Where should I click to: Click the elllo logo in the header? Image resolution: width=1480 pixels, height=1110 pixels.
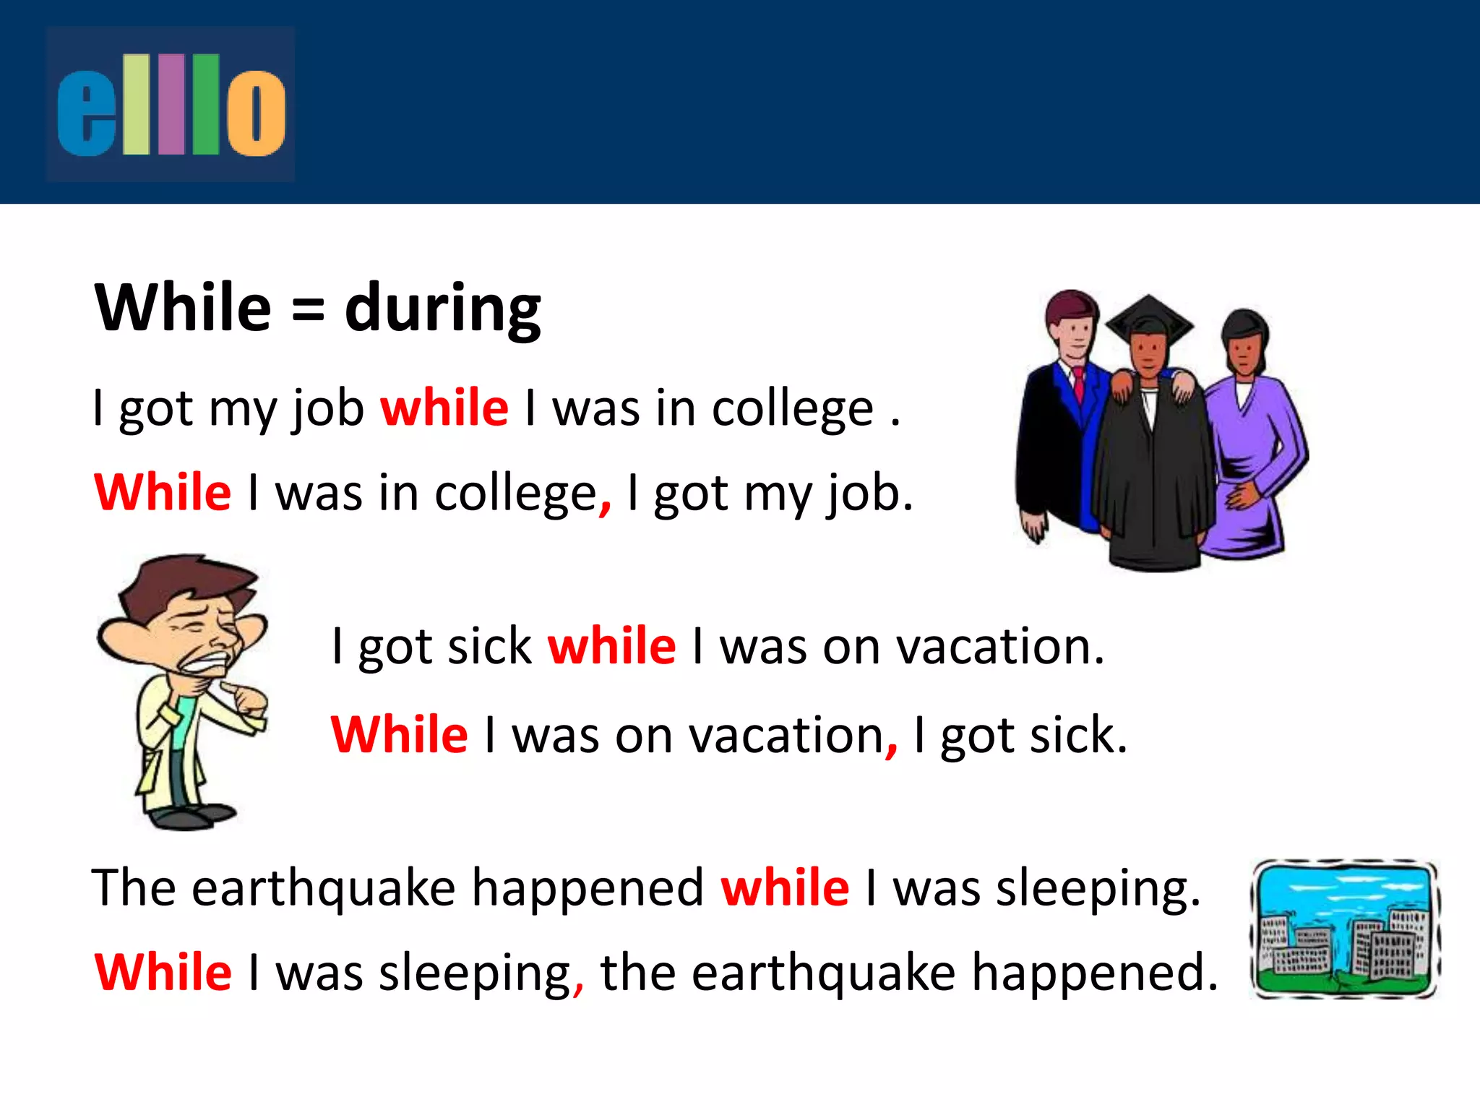coord(171,105)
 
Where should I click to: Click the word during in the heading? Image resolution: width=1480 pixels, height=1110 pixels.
coord(442,309)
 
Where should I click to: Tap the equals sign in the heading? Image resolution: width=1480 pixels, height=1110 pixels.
coord(309,311)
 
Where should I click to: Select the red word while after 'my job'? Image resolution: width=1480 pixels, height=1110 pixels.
coord(444,408)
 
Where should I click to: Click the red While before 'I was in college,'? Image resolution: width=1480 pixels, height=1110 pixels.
coord(163,493)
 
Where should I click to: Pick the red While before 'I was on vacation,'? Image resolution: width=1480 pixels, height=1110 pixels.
coord(400,735)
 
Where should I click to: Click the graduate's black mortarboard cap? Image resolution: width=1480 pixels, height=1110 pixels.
coord(1149,318)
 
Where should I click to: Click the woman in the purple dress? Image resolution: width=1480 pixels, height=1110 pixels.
coord(1250,448)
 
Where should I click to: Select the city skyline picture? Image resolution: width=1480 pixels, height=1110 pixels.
coord(1344,929)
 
